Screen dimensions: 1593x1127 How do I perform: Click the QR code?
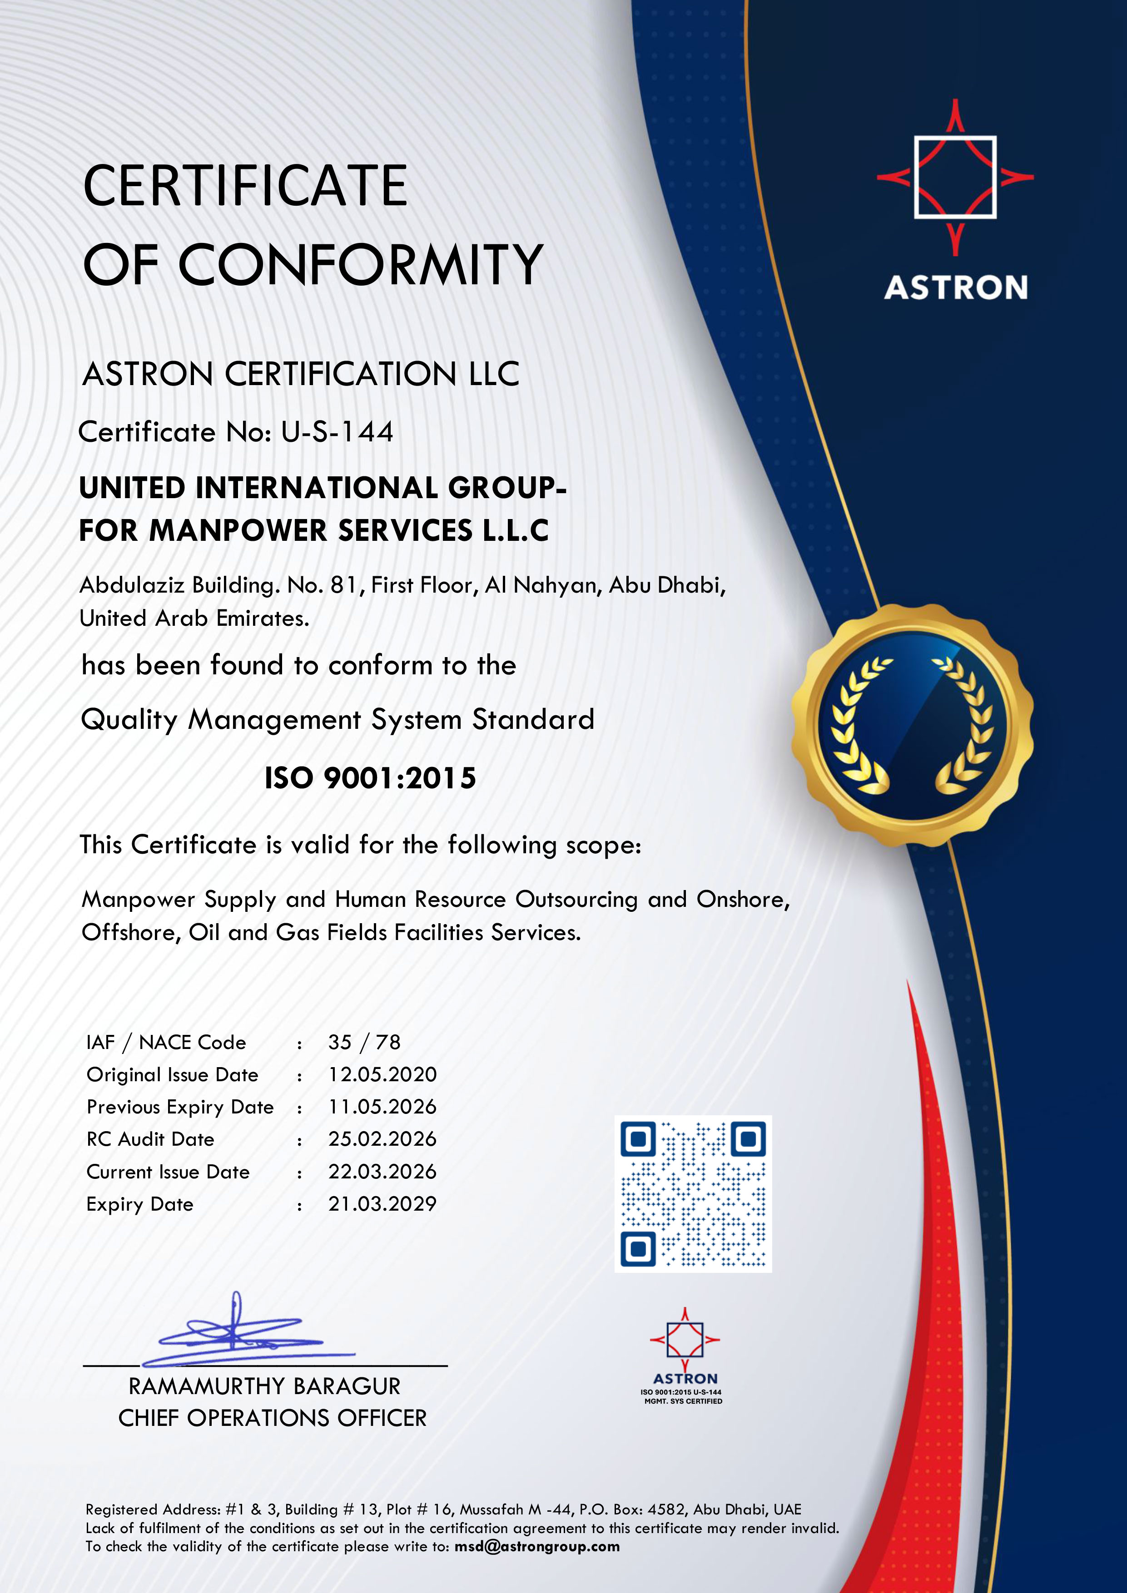coord(693,1193)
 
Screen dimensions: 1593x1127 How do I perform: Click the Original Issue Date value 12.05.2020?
coord(382,1075)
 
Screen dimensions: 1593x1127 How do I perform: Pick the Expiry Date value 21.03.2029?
coord(382,1204)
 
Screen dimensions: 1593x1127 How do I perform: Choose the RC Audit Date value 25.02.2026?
coord(382,1139)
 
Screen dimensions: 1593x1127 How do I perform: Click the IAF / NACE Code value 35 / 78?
coord(364,1042)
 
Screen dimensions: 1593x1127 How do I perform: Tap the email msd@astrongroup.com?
coord(536,1547)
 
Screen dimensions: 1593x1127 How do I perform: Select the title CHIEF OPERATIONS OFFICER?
coord(272,1418)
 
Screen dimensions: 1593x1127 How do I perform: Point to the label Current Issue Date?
coord(168,1172)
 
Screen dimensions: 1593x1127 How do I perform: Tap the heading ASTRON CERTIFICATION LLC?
coord(300,374)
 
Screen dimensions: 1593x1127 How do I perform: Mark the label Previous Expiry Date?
coord(180,1107)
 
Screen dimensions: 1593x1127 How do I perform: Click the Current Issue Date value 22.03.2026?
coord(382,1172)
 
